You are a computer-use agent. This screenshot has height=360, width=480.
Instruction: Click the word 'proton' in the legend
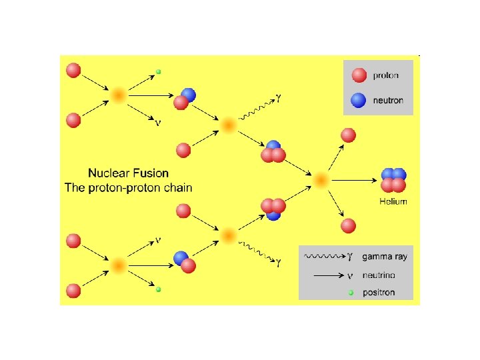(x=386, y=75)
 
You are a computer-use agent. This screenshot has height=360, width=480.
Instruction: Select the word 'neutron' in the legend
(x=388, y=101)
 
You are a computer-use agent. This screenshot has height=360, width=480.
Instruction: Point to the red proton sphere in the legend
(x=359, y=75)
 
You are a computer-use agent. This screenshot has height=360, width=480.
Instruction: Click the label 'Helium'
(x=393, y=201)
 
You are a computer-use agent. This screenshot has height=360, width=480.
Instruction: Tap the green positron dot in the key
(x=351, y=292)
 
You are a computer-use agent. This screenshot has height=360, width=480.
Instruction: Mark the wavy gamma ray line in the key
(x=323, y=256)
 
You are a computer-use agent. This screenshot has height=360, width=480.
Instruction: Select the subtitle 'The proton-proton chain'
(x=128, y=187)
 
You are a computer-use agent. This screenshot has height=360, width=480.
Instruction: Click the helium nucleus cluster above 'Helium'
(x=393, y=180)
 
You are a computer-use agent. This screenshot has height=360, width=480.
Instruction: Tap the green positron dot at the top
(x=158, y=71)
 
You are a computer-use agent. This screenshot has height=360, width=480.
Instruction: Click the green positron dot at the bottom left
(x=158, y=289)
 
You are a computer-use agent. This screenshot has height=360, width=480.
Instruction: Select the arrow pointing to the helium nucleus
(x=353, y=180)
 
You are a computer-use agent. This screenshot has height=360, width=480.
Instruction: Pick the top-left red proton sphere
(x=73, y=70)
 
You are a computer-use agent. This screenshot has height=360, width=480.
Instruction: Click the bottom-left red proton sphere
(x=73, y=291)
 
